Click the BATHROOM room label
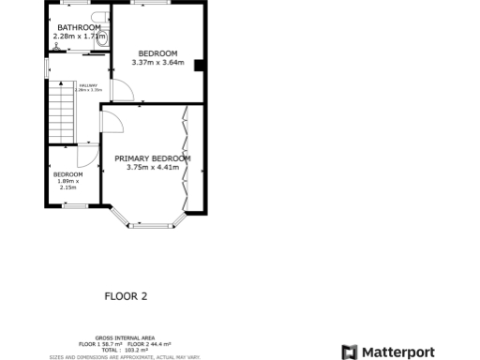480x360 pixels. [x=78, y=27]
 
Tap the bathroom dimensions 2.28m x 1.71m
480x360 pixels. [x=78, y=37]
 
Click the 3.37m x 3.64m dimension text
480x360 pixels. [x=157, y=64]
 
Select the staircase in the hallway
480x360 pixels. [x=61, y=110]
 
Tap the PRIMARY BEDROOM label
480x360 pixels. [x=152, y=158]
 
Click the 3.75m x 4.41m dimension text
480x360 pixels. [x=152, y=168]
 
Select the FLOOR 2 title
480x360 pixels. [x=126, y=296]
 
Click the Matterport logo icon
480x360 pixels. [x=349, y=352]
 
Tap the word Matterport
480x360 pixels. [x=398, y=352]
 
